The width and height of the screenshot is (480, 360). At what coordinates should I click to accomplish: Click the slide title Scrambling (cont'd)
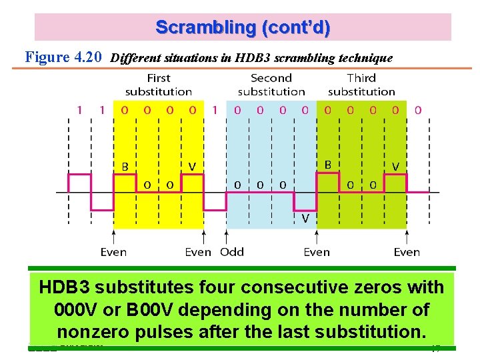[x=243, y=28]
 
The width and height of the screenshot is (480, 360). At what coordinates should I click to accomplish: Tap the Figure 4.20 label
[x=63, y=57]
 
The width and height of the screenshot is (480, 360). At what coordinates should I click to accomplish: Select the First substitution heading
[x=159, y=85]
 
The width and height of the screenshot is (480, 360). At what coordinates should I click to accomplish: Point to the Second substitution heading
[x=271, y=85]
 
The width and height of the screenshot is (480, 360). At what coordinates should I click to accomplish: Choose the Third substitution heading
[x=361, y=85]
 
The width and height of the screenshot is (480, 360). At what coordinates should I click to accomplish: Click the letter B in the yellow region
[x=125, y=167]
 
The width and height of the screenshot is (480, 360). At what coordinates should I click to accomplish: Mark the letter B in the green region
[x=327, y=164]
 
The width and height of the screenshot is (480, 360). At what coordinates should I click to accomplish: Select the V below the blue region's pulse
[x=305, y=218]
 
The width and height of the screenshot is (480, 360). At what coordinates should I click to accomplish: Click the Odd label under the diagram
[x=232, y=252]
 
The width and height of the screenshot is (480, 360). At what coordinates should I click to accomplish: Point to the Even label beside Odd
[x=198, y=252]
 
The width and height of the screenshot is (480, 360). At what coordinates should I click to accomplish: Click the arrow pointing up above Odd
[x=226, y=237]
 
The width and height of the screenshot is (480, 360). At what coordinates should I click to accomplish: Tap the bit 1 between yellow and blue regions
[x=215, y=110]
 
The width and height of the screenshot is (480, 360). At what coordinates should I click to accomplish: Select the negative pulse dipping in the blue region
[x=305, y=201]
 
